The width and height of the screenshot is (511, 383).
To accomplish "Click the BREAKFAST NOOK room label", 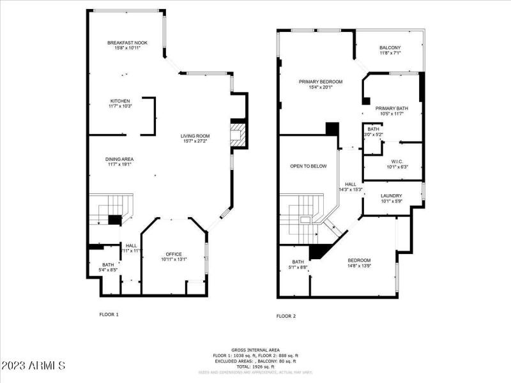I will pos(127,43).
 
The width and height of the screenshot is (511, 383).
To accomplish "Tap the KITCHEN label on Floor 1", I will pos(120,101).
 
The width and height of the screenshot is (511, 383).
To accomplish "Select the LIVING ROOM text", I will pos(195,136).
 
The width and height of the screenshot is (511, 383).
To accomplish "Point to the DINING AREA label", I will pos(119,159).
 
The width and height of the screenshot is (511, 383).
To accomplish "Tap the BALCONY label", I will pos(390,48).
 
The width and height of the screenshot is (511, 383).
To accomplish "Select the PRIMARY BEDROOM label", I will pos(321,82).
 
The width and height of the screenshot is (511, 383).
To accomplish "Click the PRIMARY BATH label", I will pos(391,108).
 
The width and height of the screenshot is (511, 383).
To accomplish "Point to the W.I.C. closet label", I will pos(396,161).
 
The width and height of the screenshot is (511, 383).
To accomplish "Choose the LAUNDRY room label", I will pos(391,195).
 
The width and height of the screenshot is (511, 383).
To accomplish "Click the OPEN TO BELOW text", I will pos(308,166).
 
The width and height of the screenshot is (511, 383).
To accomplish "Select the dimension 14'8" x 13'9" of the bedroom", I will pos(359,266).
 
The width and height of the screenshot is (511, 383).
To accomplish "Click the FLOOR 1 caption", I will pos(109,314).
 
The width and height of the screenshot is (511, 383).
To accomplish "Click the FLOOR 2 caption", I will pos(286,316).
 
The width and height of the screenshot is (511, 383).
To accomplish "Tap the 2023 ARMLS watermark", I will pos(33,366).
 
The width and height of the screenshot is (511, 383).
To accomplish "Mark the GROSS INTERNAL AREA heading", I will pos(256,350).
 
